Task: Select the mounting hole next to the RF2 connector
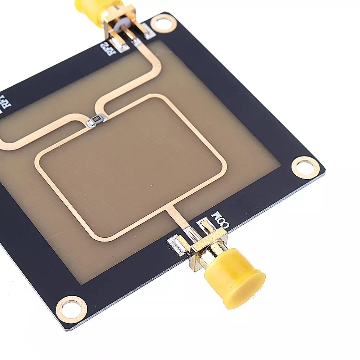click(163, 24)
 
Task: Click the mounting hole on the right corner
click(305, 167)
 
